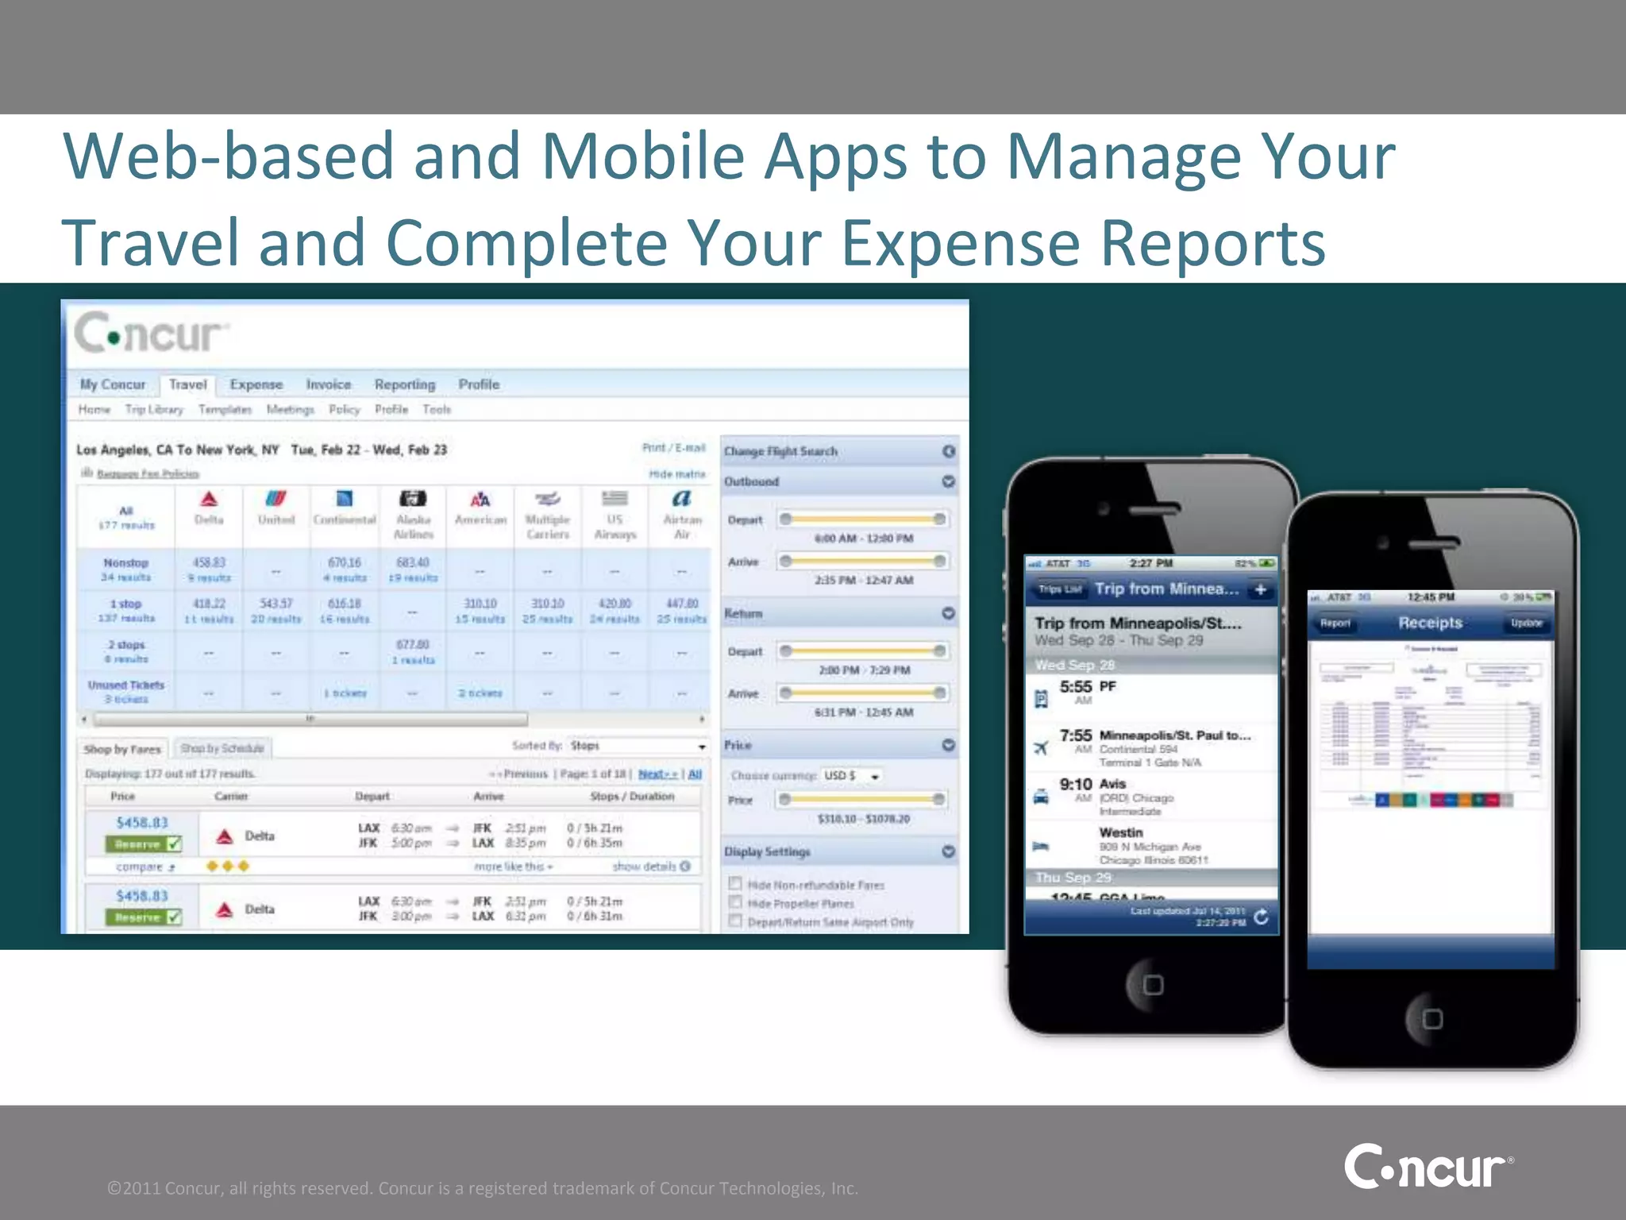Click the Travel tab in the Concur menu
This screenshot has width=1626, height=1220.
click(x=187, y=384)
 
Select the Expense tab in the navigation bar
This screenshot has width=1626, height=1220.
click(x=256, y=384)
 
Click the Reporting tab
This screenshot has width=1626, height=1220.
click(x=405, y=384)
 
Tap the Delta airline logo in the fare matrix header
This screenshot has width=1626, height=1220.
click(x=209, y=499)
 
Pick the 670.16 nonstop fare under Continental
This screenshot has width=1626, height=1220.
click(x=344, y=562)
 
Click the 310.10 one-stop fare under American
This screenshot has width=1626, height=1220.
click(x=480, y=604)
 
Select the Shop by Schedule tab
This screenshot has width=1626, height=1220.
click(x=222, y=748)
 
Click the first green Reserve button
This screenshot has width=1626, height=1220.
click(x=143, y=844)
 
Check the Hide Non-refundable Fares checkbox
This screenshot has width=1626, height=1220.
click(x=735, y=884)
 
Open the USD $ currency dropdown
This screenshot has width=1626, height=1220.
click(x=852, y=775)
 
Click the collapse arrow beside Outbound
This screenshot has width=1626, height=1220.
click(x=948, y=481)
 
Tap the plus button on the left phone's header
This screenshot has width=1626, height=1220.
click(x=1260, y=589)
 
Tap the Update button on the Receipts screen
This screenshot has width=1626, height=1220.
click(x=1525, y=624)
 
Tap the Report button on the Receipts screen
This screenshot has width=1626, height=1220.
click(x=1335, y=624)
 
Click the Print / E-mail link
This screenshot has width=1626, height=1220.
click(x=673, y=448)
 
